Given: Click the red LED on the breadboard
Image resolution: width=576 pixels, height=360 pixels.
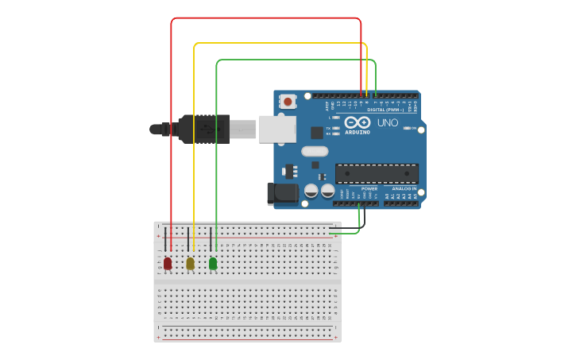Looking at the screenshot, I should pos(168,263).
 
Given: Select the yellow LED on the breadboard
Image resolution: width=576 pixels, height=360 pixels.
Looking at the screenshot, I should pos(190,263).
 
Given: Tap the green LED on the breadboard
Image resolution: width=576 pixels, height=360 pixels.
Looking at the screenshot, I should pos(213,263).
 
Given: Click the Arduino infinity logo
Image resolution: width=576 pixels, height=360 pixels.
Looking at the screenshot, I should pos(358,123).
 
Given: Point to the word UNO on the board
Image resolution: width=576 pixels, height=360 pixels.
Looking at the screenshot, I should pos(388,123).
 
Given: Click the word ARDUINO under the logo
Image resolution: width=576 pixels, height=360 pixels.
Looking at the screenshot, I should pos(358,132).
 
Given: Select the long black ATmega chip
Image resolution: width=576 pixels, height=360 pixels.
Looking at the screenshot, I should pos(377,174).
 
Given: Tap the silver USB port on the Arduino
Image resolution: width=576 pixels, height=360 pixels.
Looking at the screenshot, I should pos(276,129).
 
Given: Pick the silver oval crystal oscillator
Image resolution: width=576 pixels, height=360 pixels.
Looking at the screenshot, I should pos(315,151).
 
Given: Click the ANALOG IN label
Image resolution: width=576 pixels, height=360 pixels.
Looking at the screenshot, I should pos(404,188).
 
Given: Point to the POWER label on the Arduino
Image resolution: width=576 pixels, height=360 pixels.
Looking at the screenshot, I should pos(369,188).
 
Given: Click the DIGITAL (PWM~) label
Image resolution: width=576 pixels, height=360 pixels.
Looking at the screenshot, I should pos(384,110).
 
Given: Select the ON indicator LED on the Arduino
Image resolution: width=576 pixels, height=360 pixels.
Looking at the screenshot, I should pos(408,128).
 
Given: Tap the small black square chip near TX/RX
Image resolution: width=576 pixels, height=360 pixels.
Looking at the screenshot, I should pos(317,133).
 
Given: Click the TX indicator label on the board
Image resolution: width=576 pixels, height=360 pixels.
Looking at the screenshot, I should pos(329,127).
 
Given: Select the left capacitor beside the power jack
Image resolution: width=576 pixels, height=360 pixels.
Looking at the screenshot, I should pos(311,191).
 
